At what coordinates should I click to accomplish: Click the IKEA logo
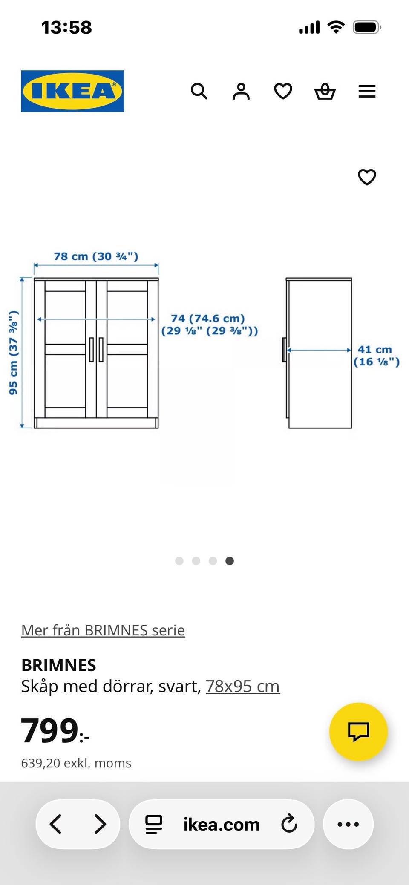(72, 91)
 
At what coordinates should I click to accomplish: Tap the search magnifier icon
(199, 91)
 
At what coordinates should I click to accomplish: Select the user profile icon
(241, 91)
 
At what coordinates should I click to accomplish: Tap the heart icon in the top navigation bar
(283, 91)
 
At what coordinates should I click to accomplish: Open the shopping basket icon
(325, 91)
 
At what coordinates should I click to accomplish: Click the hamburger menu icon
(367, 91)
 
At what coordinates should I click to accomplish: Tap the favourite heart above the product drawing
(367, 177)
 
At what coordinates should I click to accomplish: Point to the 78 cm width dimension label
(96, 256)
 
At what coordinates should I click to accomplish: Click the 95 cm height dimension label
(14, 353)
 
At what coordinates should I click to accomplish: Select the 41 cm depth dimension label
(376, 356)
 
